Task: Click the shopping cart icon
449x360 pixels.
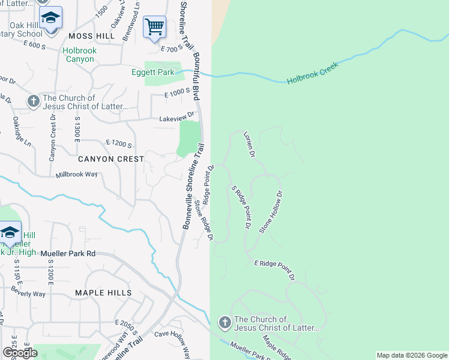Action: point(154,27)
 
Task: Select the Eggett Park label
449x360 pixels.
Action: point(153,73)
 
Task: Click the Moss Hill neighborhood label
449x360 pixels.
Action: point(91,37)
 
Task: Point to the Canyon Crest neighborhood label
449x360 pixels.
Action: point(111,159)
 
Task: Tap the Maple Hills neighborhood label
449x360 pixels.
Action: point(103,293)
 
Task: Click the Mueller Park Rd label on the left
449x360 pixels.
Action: point(68,253)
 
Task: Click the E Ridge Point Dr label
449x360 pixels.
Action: point(274,271)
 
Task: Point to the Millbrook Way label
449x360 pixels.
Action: point(76,175)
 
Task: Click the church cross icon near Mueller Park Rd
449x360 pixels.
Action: point(225,323)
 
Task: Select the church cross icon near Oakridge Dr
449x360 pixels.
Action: point(33,102)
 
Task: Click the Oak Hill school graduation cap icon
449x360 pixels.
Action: point(51,18)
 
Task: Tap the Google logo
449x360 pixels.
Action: point(20,352)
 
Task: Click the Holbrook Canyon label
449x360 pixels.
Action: point(79,55)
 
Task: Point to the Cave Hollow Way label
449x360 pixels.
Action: point(172,342)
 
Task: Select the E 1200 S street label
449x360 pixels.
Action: point(118,144)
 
